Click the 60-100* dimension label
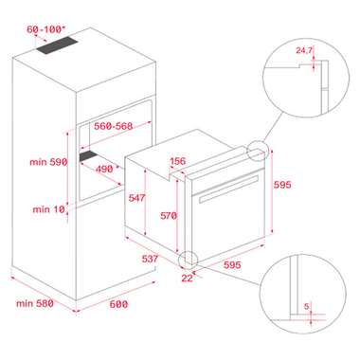(x=45, y=29)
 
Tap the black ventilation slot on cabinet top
(x=57, y=45)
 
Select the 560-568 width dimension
(x=114, y=126)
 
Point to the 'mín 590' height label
(x=48, y=162)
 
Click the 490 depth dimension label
(x=104, y=169)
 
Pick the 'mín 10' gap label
(x=48, y=209)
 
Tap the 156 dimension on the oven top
(x=178, y=161)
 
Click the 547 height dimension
(x=136, y=198)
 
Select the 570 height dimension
(x=169, y=216)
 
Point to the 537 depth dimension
(x=150, y=259)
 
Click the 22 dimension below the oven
(x=187, y=278)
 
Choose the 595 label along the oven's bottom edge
(x=232, y=264)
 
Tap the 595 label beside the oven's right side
(x=282, y=185)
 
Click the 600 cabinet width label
(x=118, y=304)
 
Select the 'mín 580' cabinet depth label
(x=35, y=303)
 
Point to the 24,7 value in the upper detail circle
(x=304, y=50)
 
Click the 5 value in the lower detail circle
(x=306, y=306)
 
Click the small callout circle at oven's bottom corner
(x=189, y=261)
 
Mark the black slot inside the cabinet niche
(x=89, y=156)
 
